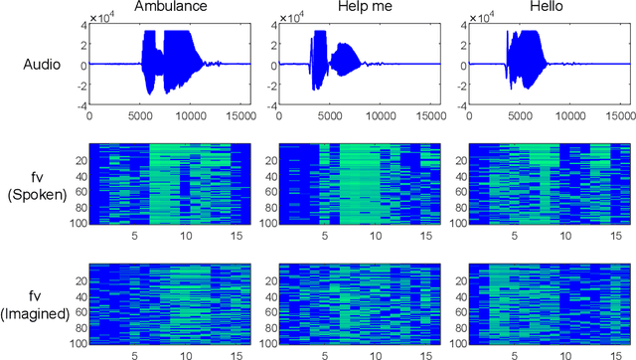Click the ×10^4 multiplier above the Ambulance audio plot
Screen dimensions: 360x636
[104, 19]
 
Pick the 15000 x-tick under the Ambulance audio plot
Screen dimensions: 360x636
[235, 115]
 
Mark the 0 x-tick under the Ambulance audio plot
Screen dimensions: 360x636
[90, 115]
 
